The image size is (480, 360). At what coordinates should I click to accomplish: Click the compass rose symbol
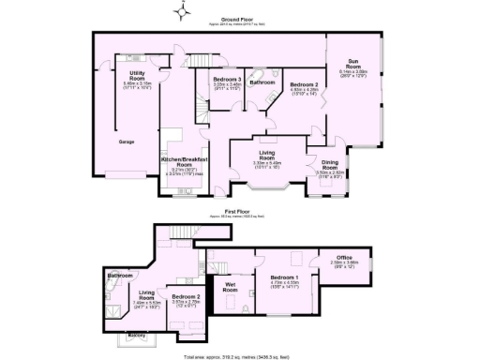click(x=185, y=9)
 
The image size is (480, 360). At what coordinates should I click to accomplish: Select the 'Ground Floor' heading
click(x=239, y=18)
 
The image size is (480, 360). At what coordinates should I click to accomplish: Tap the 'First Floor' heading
click(x=239, y=211)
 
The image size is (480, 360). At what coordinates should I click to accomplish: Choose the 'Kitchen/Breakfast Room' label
click(x=178, y=160)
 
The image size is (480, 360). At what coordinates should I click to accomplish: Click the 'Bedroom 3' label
click(x=227, y=80)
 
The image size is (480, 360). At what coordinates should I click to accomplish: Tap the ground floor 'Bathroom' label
click(x=262, y=82)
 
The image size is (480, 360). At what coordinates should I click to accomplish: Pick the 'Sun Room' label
click(x=352, y=65)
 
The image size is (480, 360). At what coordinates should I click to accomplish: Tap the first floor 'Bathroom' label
click(x=119, y=276)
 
